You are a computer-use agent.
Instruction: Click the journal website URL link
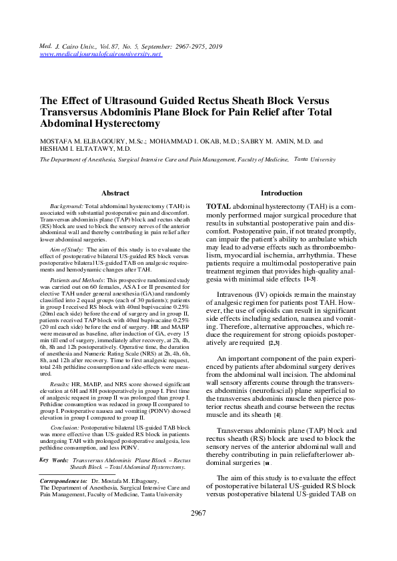pos(101,54)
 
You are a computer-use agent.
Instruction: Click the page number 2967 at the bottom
pos(198,532)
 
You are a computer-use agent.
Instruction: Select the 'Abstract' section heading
pos(115,193)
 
